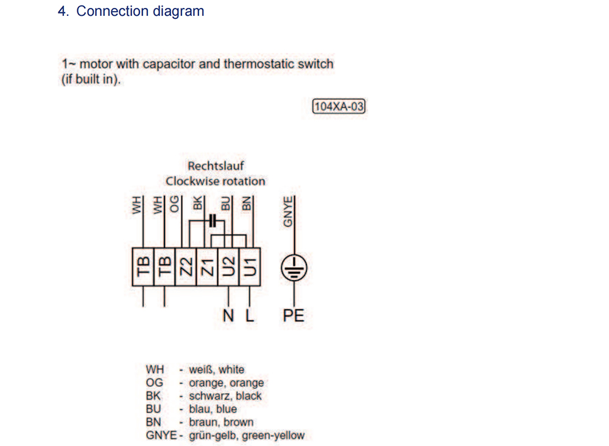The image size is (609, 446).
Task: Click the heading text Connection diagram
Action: pyautogui.click(x=140, y=11)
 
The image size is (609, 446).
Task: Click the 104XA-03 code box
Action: pyautogui.click(x=339, y=107)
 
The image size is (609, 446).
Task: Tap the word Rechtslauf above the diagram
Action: pyautogui.click(x=216, y=166)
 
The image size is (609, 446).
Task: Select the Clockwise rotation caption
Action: pyautogui.click(x=216, y=181)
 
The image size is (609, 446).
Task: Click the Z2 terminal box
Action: pyautogui.click(x=185, y=267)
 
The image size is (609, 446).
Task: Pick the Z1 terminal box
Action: pyautogui.click(x=207, y=267)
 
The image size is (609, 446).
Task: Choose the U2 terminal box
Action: pyautogui.click(x=228, y=267)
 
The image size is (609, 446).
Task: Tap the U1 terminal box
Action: pyautogui.click(x=250, y=267)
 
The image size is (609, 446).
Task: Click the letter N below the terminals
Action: pyautogui.click(x=228, y=316)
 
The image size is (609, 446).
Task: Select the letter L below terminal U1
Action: pyautogui.click(x=249, y=316)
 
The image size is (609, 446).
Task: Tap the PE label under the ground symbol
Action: pyautogui.click(x=294, y=316)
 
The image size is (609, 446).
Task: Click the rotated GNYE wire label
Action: pyautogui.click(x=289, y=211)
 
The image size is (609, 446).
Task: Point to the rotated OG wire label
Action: pyautogui.click(x=175, y=204)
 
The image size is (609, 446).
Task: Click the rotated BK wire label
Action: pyautogui.click(x=197, y=204)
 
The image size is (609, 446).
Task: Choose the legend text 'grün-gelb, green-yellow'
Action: pyautogui.click(x=246, y=435)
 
